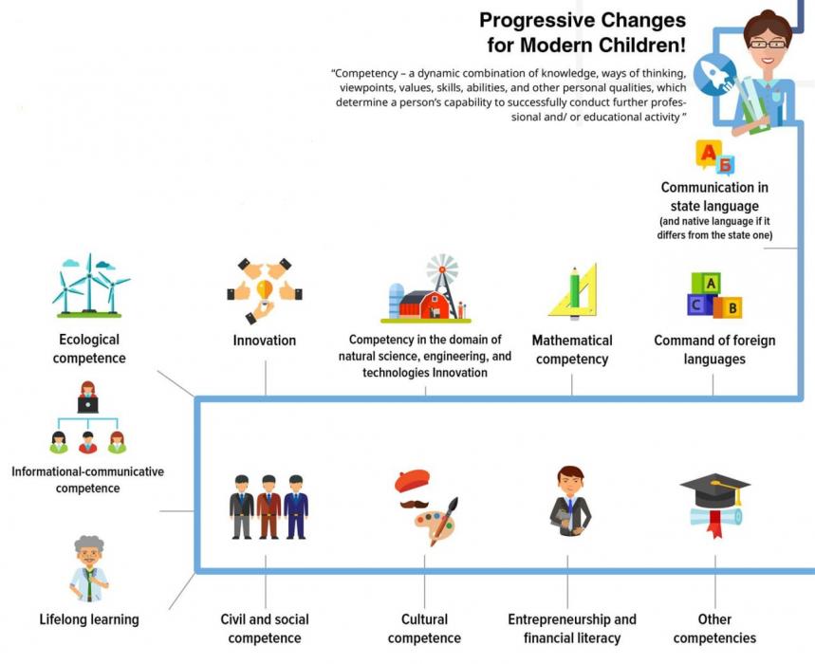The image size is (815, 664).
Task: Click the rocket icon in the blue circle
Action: point(716,74)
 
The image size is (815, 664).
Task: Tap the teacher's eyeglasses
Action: point(768,45)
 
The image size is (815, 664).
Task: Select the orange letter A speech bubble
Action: point(708,154)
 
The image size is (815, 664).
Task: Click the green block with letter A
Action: point(707,284)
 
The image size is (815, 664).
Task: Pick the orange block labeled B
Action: point(729,306)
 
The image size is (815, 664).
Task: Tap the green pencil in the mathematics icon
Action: point(575,292)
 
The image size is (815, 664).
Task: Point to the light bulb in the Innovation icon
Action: point(265,291)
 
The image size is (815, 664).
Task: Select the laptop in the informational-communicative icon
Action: point(88,405)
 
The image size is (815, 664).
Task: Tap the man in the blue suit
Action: point(296,507)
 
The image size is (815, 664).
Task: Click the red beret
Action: point(412,481)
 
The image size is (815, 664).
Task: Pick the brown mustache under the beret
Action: point(415,504)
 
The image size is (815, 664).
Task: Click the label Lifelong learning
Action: point(89,619)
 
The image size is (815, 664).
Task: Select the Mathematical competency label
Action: point(572,350)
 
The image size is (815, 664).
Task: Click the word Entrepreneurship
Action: point(552,619)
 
